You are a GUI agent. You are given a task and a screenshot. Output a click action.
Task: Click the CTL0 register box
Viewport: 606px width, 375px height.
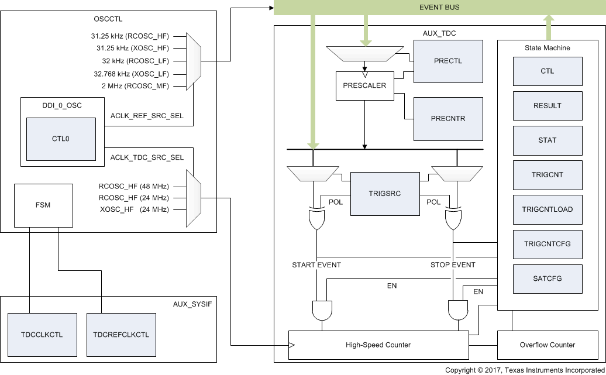tap(61, 140)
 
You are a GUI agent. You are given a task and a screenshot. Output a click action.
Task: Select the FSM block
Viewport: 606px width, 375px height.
tap(43, 205)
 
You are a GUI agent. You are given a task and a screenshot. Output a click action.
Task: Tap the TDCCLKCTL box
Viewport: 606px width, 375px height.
tap(43, 335)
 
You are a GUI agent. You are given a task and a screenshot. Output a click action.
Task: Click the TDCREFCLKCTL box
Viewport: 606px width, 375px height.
tap(121, 335)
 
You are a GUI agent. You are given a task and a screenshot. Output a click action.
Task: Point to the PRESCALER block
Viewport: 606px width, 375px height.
tap(365, 85)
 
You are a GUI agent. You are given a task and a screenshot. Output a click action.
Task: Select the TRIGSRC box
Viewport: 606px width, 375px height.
tap(384, 194)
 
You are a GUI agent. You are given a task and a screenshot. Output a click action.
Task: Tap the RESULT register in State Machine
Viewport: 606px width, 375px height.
tap(548, 106)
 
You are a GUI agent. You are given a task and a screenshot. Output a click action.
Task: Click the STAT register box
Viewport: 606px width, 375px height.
tap(548, 140)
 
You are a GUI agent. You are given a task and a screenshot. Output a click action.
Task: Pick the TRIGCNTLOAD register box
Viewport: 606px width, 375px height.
tap(548, 209)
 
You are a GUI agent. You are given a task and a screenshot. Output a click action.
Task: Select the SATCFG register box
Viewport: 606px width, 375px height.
tap(548, 278)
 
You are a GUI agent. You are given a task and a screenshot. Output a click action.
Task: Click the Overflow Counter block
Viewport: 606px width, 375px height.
tap(548, 345)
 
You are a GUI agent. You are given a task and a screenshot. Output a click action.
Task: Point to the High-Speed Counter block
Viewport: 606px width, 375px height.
tap(378, 345)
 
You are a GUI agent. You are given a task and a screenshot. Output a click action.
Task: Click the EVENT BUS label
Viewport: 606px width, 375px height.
tap(439, 8)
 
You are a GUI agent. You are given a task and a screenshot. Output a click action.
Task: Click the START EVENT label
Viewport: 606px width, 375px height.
tap(316, 265)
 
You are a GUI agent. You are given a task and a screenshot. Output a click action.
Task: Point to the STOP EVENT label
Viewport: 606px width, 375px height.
tap(453, 265)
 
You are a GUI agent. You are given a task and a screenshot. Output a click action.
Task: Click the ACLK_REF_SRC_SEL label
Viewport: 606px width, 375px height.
tap(147, 116)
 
